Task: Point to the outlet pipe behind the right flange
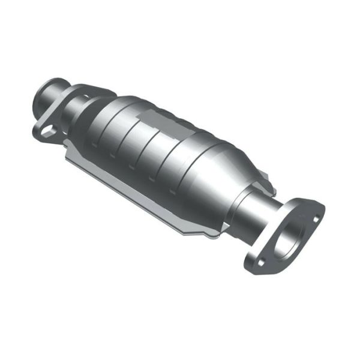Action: point(255,210)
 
